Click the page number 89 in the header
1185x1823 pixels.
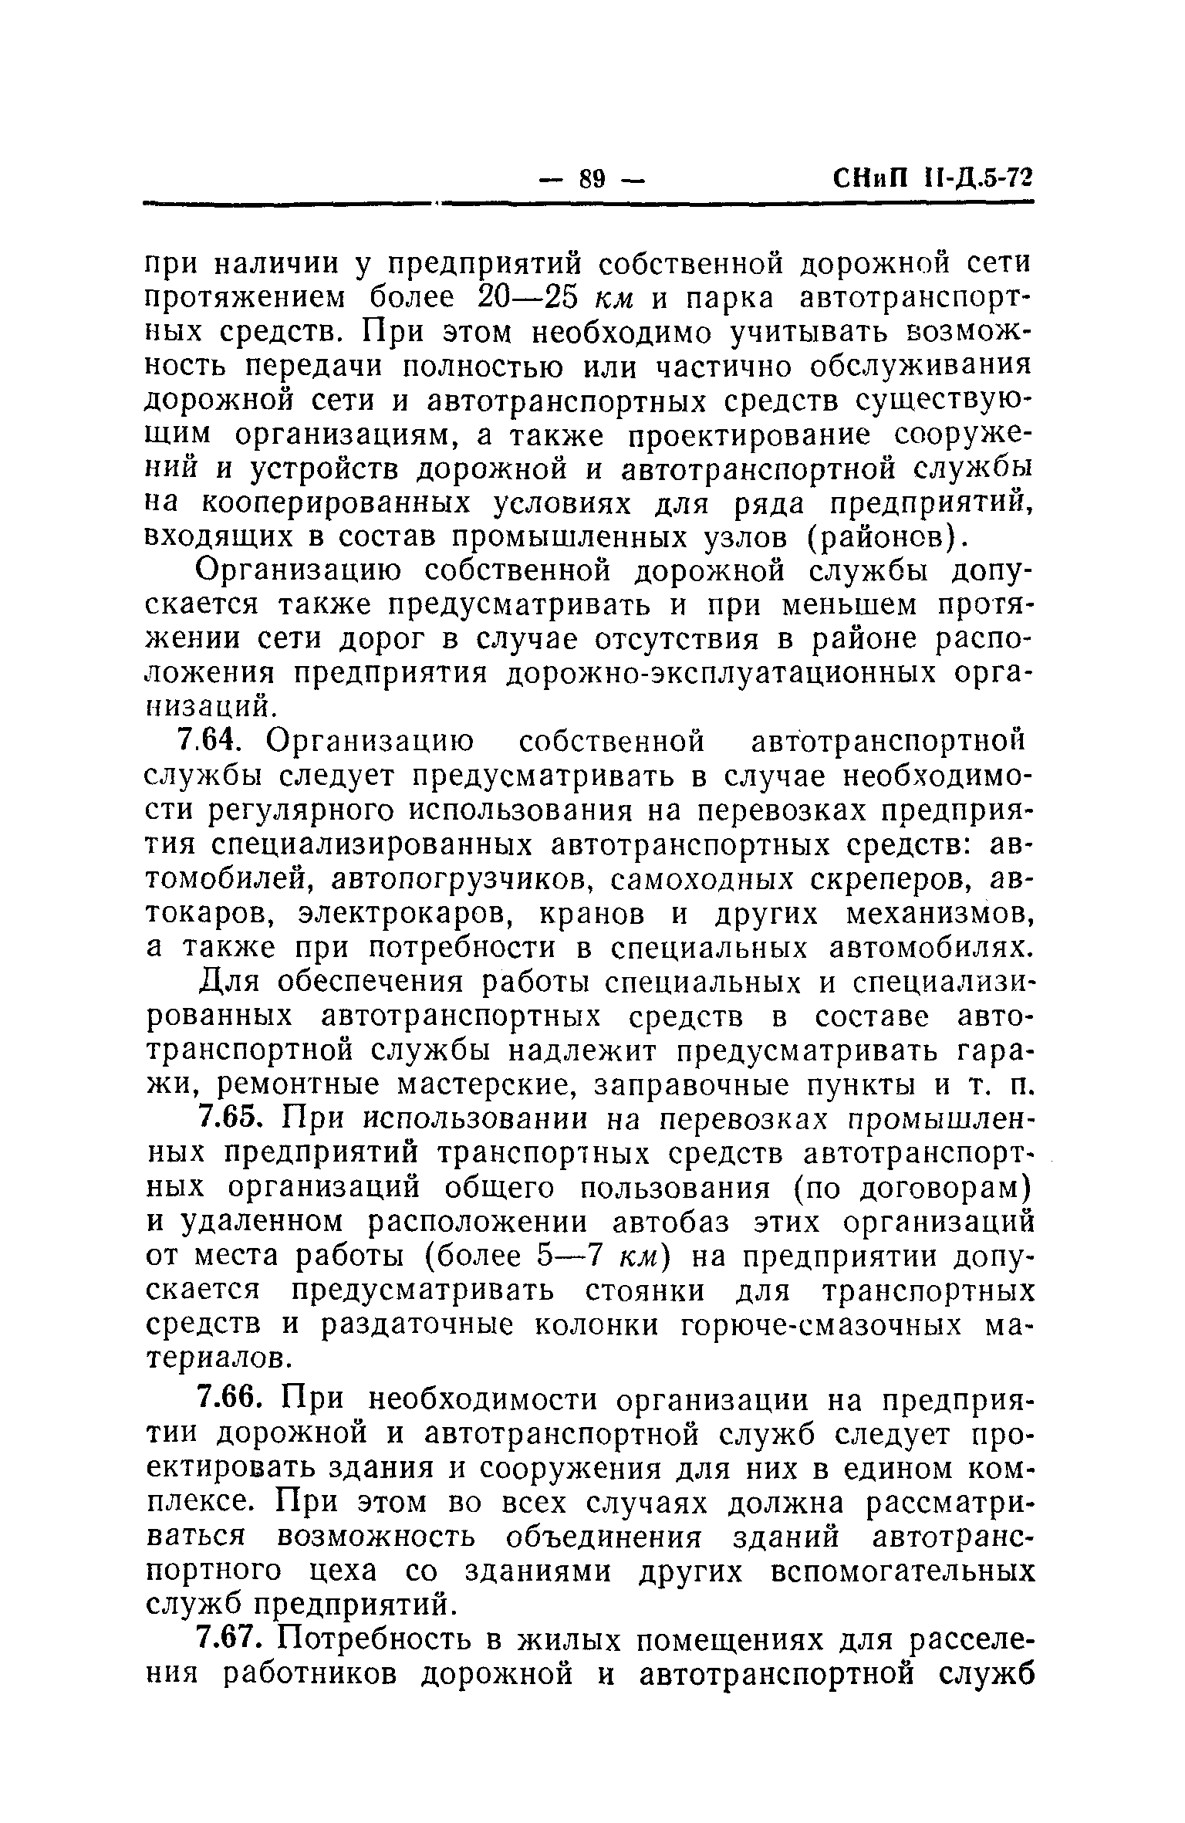(592, 180)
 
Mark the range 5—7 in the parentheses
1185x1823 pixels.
(568, 1256)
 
